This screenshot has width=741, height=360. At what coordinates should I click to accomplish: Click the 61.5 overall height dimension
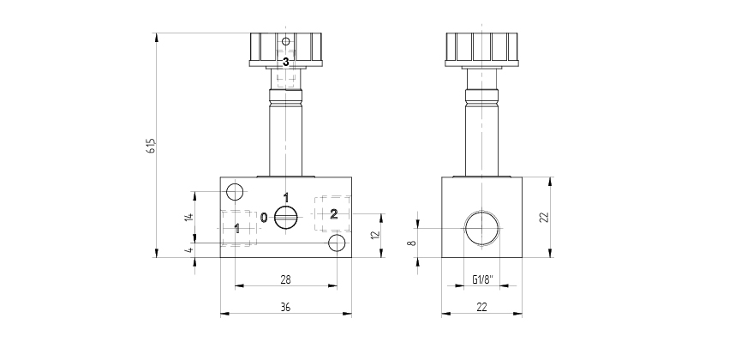(x=152, y=146)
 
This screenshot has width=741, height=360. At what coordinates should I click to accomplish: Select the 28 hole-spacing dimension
(x=285, y=279)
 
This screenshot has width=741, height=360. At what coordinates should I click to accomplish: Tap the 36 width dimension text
(x=285, y=307)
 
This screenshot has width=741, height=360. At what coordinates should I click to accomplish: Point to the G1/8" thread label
(x=482, y=279)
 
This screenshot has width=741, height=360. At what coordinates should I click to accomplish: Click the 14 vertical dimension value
(x=189, y=217)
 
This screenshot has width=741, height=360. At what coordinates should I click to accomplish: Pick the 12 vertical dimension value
(x=376, y=235)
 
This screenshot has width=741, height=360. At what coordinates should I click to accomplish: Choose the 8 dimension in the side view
(x=412, y=243)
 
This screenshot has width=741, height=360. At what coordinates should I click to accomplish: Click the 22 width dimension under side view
(x=481, y=307)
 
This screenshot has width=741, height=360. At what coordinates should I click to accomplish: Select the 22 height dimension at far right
(x=544, y=217)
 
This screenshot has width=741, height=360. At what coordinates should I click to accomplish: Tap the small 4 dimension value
(x=189, y=249)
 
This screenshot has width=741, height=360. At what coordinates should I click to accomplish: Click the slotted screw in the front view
(x=285, y=218)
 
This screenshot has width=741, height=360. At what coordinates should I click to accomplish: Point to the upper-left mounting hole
(x=235, y=192)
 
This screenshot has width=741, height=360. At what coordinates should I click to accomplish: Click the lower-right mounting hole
(x=337, y=243)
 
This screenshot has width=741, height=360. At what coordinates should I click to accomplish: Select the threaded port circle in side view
(x=482, y=228)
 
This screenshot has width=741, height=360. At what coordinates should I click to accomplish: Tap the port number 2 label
(x=333, y=214)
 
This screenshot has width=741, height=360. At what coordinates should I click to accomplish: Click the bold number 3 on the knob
(x=285, y=62)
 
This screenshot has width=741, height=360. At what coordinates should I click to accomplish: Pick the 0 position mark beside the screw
(x=264, y=218)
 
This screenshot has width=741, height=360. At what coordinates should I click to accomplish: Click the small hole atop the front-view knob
(x=285, y=41)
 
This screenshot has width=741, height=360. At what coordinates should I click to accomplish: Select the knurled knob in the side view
(x=481, y=49)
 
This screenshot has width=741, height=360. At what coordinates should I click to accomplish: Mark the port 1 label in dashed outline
(x=237, y=229)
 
